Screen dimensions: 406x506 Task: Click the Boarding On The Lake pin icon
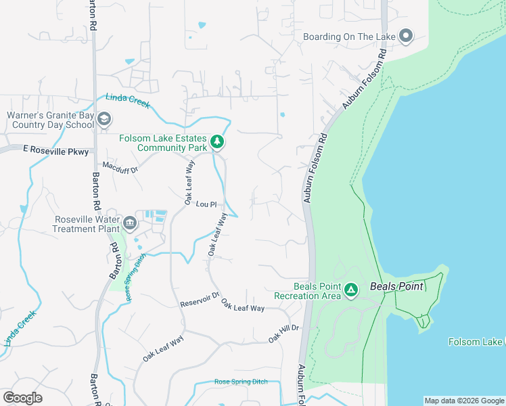click(x=406, y=36)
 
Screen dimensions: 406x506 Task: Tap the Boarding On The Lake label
click(x=349, y=37)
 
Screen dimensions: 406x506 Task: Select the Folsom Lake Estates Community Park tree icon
click(x=217, y=142)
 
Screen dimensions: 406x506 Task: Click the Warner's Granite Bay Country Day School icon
click(x=103, y=120)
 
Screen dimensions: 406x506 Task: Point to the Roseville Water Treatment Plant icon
click(x=129, y=222)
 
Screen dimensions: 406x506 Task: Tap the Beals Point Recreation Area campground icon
click(x=351, y=290)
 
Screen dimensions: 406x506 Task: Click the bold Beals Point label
click(x=396, y=286)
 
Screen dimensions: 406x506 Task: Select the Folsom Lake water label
click(x=476, y=342)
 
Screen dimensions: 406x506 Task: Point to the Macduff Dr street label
click(x=120, y=166)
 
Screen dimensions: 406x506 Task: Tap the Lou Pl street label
click(x=206, y=204)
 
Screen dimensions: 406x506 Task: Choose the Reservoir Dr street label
click(x=200, y=300)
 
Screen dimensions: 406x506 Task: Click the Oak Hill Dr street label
click(x=283, y=333)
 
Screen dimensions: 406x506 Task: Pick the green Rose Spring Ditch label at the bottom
click(x=241, y=382)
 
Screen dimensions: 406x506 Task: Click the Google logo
click(x=22, y=397)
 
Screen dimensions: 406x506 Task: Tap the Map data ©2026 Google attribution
click(x=463, y=401)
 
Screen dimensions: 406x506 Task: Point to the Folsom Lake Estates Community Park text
click(x=163, y=143)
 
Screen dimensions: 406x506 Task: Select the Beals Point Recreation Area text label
click(x=307, y=291)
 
